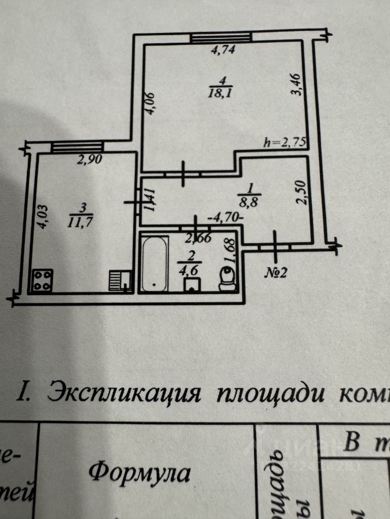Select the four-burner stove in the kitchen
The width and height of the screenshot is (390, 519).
pyautogui.click(x=41, y=281)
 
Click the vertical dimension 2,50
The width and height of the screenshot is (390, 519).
pyautogui.click(x=302, y=192)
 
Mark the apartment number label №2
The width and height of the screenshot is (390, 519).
pyautogui.click(x=275, y=272)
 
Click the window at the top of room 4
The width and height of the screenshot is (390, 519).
pyautogui.click(x=222, y=37)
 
